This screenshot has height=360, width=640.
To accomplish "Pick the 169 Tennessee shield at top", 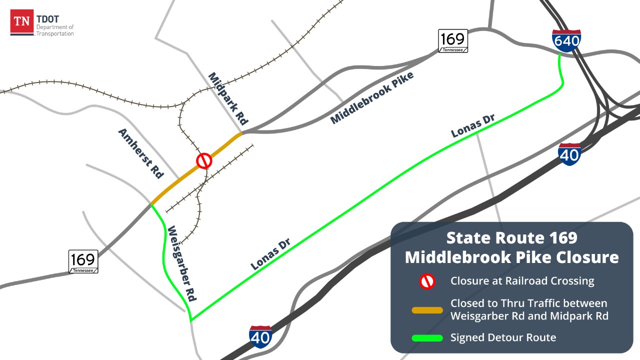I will click(453, 40).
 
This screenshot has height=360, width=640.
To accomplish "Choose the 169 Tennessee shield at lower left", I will click(83, 261).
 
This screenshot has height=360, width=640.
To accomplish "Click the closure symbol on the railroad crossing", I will click(204, 161).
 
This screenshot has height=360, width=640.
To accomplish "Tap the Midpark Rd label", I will click(228, 99).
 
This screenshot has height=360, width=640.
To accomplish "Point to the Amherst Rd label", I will click(141, 153).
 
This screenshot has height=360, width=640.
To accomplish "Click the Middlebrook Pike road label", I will click(372, 98).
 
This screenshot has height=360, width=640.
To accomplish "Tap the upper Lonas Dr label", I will click(472, 125).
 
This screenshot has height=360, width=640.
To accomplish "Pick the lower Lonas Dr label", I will click(272, 254).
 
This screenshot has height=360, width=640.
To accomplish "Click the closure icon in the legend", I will click(427, 281).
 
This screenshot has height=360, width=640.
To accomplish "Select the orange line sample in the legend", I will click(427, 310).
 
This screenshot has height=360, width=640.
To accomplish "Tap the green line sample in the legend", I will click(427, 338).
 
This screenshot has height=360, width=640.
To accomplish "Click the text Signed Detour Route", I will click(503, 337).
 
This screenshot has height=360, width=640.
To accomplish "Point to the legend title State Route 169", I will click(511, 237).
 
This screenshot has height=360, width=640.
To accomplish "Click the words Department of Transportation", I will click(55, 30).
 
